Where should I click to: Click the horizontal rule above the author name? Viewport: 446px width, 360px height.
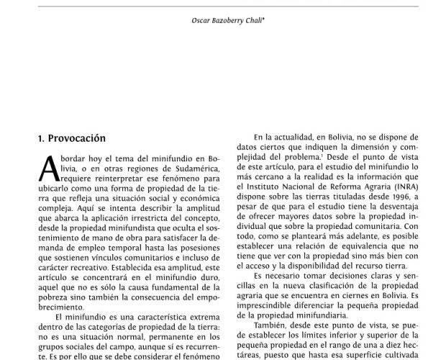point(222,6)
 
